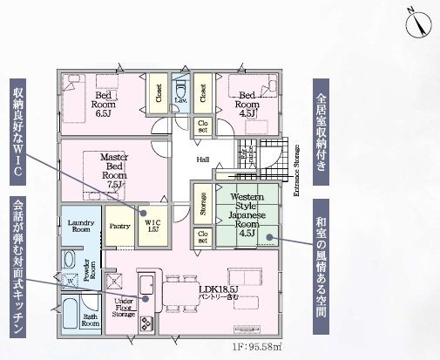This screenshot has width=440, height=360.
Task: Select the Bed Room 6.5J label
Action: [x=102, y=102]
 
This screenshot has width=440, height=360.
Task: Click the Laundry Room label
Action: [x=79, y=227]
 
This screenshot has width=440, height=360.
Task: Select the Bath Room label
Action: [x=91, y=320]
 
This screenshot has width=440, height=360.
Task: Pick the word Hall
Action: [x=202, y=159]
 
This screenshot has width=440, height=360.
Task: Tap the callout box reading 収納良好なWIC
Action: [x=18, y=130]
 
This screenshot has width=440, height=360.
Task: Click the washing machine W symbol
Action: [x=71, y=282]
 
